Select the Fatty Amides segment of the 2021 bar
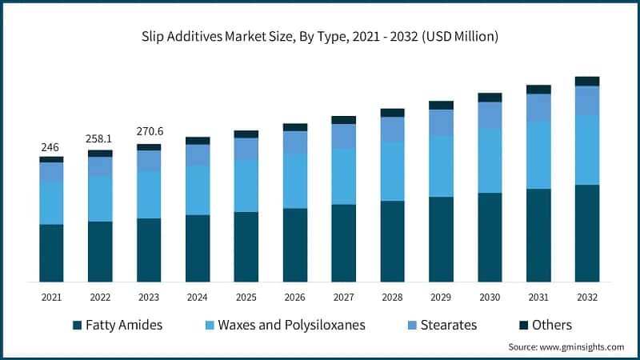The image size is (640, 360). (51, 253)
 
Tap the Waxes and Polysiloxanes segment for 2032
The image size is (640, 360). (587, 150)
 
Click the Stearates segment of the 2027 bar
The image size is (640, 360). (344, 136)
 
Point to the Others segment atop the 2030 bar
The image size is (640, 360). (490, 98)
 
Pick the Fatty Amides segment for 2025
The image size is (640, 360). (246, 246)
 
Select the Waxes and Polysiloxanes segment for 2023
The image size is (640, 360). (149, 194)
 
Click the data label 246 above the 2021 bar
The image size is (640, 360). (51, 147)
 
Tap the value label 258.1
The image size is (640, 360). (100, 139)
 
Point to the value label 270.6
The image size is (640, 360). (149, 132)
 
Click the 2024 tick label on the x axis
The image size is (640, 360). (198, 297)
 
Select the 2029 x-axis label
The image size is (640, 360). (441, 297)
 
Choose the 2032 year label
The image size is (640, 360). (587, 297)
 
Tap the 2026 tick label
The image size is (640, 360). (295, 297)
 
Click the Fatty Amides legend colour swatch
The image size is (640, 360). (77, 325)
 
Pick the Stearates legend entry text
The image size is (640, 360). (449, 325)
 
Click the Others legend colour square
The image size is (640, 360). (525, 325)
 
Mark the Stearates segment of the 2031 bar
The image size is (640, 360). (538, 108)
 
